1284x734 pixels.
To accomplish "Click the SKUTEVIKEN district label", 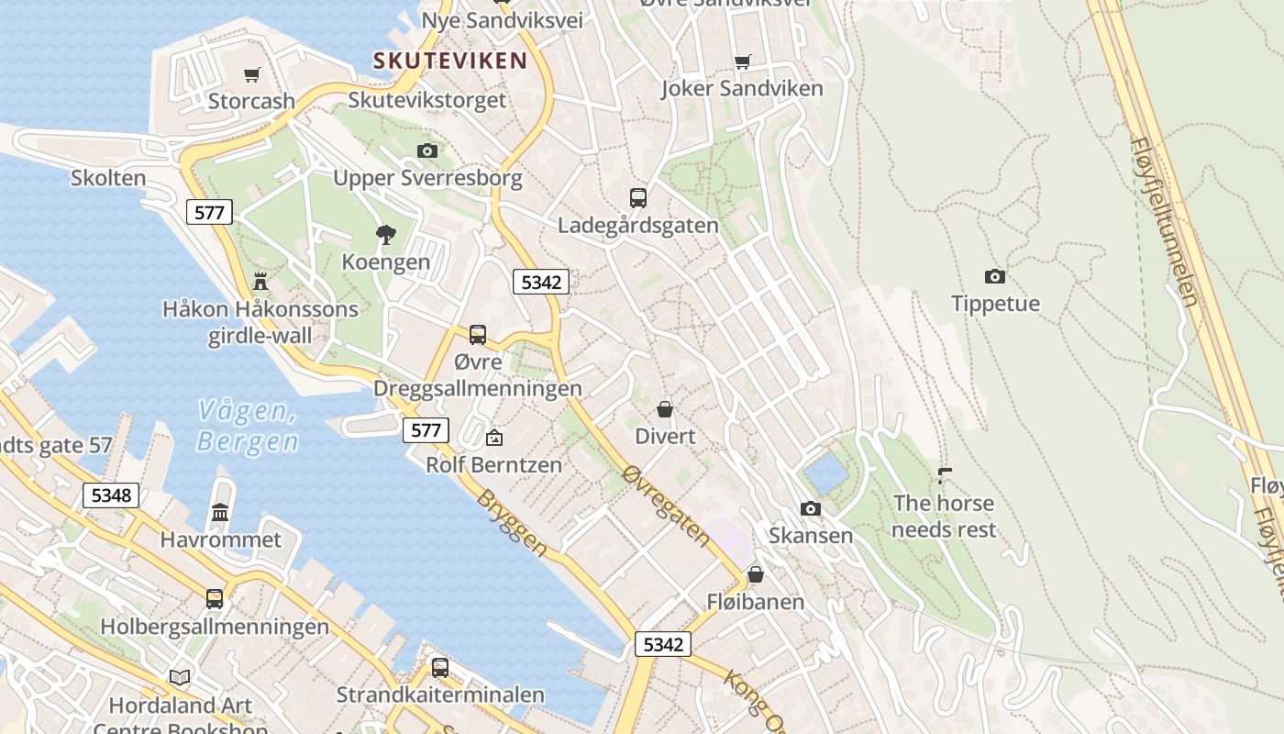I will point(450,61).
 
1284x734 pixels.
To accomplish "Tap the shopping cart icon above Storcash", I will point(251,74).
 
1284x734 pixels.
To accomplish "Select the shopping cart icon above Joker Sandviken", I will point(742,62).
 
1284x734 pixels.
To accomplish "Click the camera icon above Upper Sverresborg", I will point(426,150).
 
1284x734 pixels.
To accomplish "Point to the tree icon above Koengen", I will point(386,235).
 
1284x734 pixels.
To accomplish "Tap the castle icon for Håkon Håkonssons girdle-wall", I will point(260,281).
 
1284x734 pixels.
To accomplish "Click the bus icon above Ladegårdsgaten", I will point(638,197).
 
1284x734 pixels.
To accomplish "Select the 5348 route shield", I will point(111,495).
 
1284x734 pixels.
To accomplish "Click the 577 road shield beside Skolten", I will point(209,213).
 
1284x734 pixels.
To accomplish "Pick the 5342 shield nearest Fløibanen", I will point(663,644).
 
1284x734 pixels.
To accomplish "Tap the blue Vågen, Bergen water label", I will point(248,427).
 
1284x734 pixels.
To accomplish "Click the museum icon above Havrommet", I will point(220,512).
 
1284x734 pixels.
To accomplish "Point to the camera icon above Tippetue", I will point(995,276).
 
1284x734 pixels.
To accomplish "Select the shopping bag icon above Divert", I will point(665,409).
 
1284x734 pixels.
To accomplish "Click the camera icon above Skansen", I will point(810,508).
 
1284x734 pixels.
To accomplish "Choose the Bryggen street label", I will point(512,523).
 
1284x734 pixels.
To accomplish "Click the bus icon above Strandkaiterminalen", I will point(440,667).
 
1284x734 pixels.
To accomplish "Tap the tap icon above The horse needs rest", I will point(944,475).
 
